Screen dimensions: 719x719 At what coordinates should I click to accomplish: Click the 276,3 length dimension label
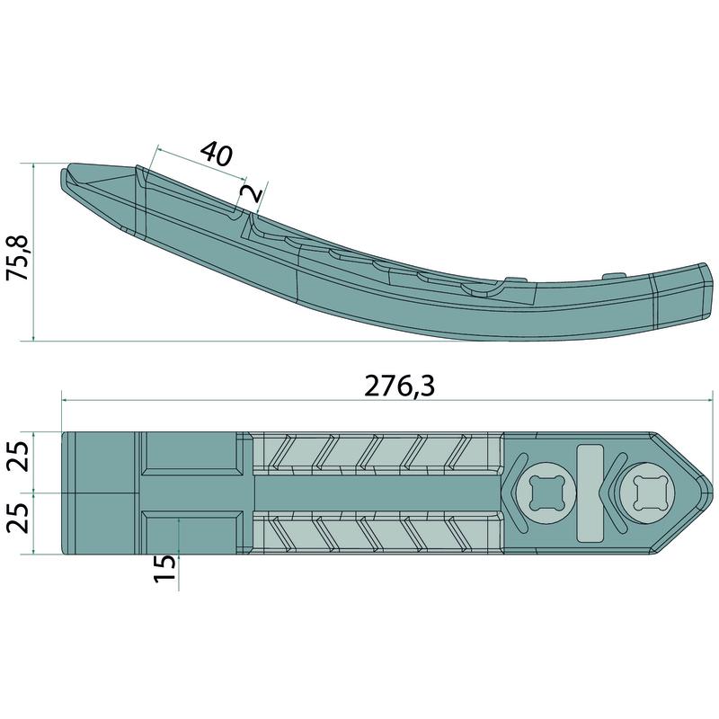pos(399,386)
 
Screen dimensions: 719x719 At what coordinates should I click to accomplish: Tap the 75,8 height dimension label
pos(17,258)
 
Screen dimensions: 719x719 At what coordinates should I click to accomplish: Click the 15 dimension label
pos(165,568)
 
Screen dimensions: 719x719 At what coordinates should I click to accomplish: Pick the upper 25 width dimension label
pos(18,456)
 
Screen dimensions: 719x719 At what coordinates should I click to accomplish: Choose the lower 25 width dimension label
pos(18,519)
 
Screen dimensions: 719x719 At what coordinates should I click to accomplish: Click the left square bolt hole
pos(546,493)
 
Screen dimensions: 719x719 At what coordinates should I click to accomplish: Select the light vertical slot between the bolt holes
pos(590,493)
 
